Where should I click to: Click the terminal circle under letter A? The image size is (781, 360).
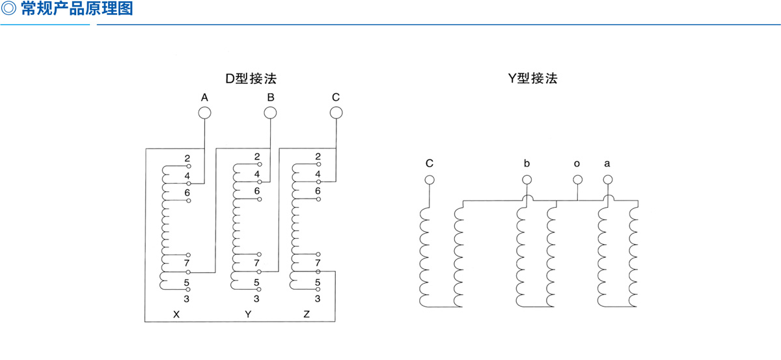[204, 113]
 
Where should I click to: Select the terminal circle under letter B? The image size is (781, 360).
[270, 113]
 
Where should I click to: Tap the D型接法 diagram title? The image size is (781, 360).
[251, 79]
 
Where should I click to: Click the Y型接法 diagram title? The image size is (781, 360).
[533, 78]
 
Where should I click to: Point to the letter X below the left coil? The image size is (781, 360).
[176, 314]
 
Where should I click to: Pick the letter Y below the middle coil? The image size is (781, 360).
[248, 314]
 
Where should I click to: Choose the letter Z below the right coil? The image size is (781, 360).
[307, 314]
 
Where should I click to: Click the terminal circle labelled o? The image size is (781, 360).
[578, 180]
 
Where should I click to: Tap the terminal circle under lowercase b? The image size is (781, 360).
[527, 180]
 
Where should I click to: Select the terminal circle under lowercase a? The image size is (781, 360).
[608, 180]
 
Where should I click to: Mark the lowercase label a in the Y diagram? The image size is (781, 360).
[607, 163]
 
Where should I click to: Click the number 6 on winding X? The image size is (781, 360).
[187, 193]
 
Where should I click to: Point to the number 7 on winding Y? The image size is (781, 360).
[256, 262]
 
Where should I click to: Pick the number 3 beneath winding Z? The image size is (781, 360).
[318, 299]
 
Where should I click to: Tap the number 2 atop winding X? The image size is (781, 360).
[187, 158]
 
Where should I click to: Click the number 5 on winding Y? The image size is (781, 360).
[256, 283]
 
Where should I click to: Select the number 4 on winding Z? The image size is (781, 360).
[318, 174]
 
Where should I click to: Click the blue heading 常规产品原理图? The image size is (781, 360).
[77, 8]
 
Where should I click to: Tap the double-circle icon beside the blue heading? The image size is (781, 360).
[8, 8]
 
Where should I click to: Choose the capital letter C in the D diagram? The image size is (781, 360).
[336, 97]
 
